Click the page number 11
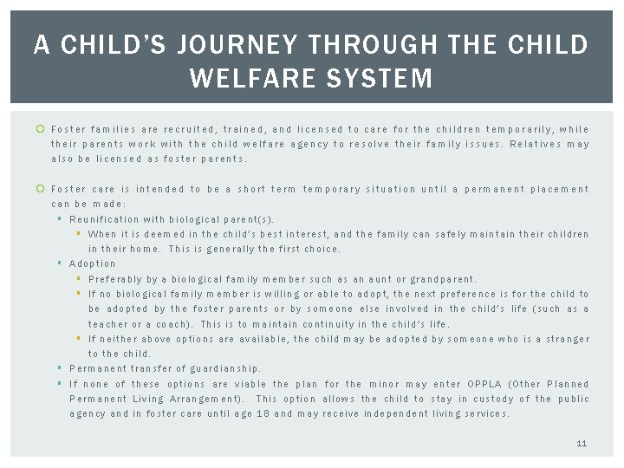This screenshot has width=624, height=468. (x=582, y=443)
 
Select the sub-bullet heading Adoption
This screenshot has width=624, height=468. (x=92, y=263)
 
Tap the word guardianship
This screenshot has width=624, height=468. (x=224, y=368)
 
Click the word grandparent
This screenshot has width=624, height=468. (x=445, y=279)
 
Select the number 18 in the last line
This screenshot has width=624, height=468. (x=262, y=413)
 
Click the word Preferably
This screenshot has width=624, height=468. (x=117, y=279)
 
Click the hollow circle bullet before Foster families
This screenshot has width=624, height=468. (x=41, y=129)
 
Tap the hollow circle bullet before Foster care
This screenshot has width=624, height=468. (x=41, y=189)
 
